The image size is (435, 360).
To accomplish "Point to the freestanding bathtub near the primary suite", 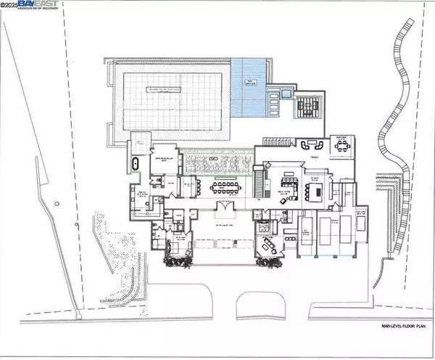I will point(134,164).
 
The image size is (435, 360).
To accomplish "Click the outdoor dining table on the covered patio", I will point(340,144).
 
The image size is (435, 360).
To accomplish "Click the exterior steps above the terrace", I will point(276,140).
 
